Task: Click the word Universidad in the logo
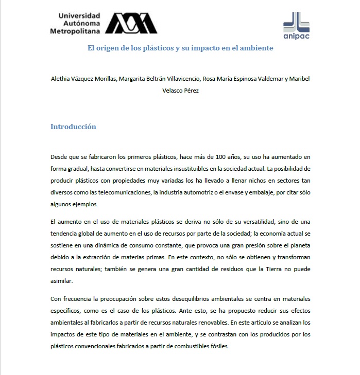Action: click(75, 16)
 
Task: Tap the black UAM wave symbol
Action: click(131, 23)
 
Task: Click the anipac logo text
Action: click(297, 36)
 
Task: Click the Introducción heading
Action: click(73, 127)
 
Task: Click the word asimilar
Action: click(62, 281)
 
